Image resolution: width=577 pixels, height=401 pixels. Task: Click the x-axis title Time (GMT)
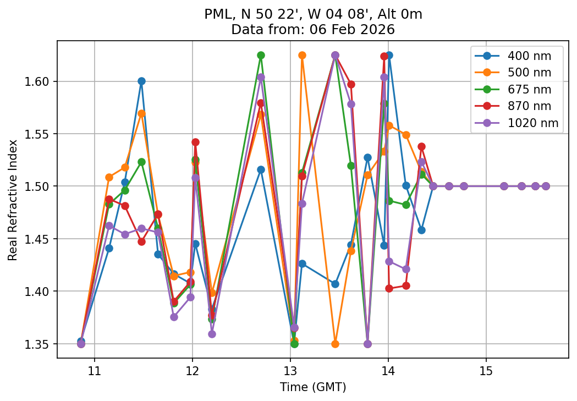pos(312,387)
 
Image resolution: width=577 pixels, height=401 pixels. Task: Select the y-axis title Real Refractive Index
pos(13,200)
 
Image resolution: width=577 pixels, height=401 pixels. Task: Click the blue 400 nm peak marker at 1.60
pos(141,81)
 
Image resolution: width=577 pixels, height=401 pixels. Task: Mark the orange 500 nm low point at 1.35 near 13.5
pos(335,344)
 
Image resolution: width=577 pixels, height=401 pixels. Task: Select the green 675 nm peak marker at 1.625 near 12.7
pos(261,55)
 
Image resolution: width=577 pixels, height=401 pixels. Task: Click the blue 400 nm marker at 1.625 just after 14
pos(389,55)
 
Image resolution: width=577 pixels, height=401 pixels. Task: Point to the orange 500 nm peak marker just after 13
pos(302,55)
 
